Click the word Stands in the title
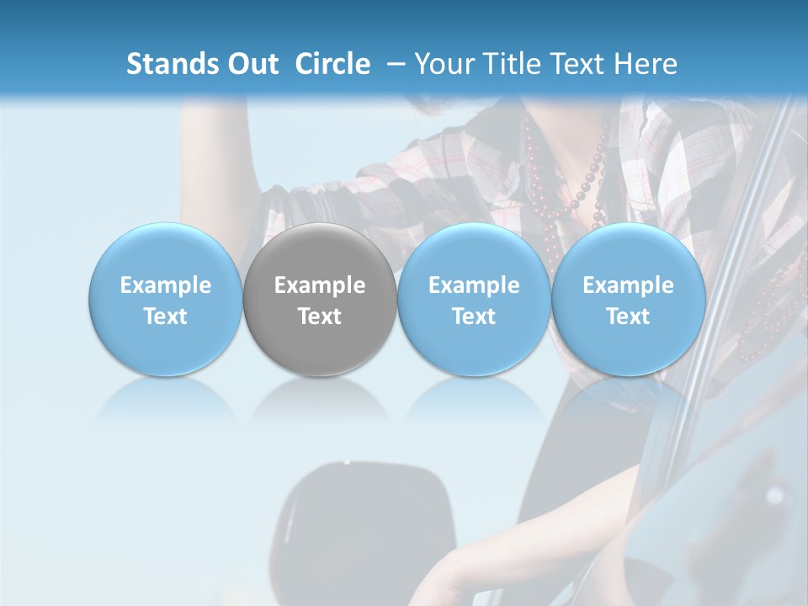pyautogui.click(x=171, y=64)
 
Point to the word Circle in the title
pyautogui.click(x=332, y=64)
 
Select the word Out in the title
pyautogui.click(x=252, y=64)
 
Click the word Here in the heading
pyautogui.click(x=645, y=64)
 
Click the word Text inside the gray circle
pyautogui.click(x=320, y=316)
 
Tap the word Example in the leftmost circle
pyautogui.click(x=166, y=285)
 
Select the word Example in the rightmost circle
pyautogui.click(x=628, y=285)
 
